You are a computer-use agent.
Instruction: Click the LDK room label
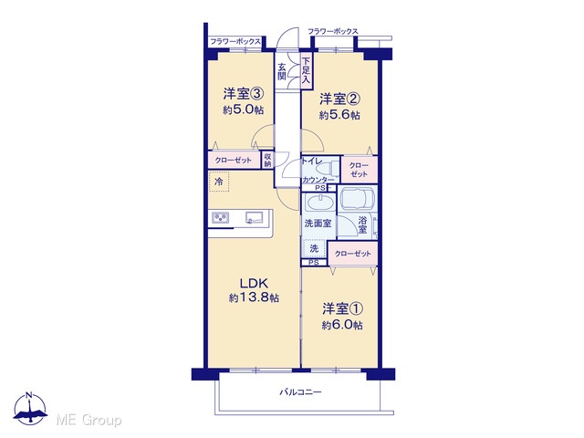tap(254, 284)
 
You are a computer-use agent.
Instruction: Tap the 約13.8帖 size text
tap(254, 298)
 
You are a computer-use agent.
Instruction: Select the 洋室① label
tap(342, 308)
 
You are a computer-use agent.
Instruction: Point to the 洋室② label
tap(339, 99)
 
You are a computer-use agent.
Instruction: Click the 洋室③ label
tap(244, 93)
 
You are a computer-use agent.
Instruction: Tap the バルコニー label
tap(300, 391)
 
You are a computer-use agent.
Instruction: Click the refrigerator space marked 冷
tap(219, 182)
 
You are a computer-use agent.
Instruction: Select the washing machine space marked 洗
tap(314, 248)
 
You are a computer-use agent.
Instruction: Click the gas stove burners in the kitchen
tap(221, 217)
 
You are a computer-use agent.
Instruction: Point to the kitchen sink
tap(254, 217)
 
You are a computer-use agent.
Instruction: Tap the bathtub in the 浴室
tap(357, 199)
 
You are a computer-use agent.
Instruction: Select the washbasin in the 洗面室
tap(319, 203)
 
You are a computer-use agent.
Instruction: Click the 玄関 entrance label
tap(282, 72)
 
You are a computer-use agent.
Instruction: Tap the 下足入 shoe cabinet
tap(306, 71)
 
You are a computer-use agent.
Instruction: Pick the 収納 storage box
tap(267, 160)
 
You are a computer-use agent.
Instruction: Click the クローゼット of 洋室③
tap(234, 161)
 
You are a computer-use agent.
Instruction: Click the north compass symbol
tap(30, 408)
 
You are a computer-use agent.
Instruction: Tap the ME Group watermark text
tap(89, 420)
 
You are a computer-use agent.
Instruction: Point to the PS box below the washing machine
tap(314, 263)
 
